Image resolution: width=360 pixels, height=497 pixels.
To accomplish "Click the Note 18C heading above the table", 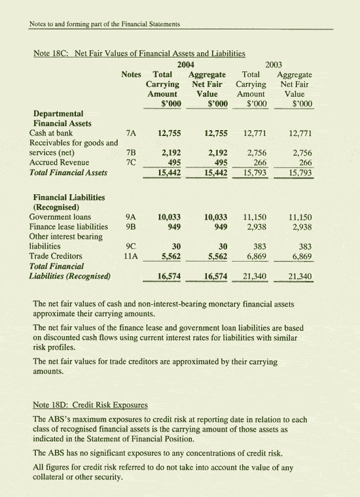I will (x=138, y=52).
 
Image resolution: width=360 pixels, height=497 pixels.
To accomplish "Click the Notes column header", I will (x=133, y=75).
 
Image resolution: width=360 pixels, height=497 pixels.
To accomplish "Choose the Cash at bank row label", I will (x=56, y=133).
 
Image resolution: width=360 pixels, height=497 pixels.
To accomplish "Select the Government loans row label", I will (x=60, y=216).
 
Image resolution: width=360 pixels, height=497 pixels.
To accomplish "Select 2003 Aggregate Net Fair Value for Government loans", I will (x=300, y=217).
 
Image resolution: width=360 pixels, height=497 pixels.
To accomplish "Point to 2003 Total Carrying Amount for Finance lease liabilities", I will (x=254, y=227).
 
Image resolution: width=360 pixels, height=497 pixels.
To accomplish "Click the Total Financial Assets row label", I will (x=69, y=173).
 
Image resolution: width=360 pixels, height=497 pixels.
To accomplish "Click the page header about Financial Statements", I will (x=105, y=24).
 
